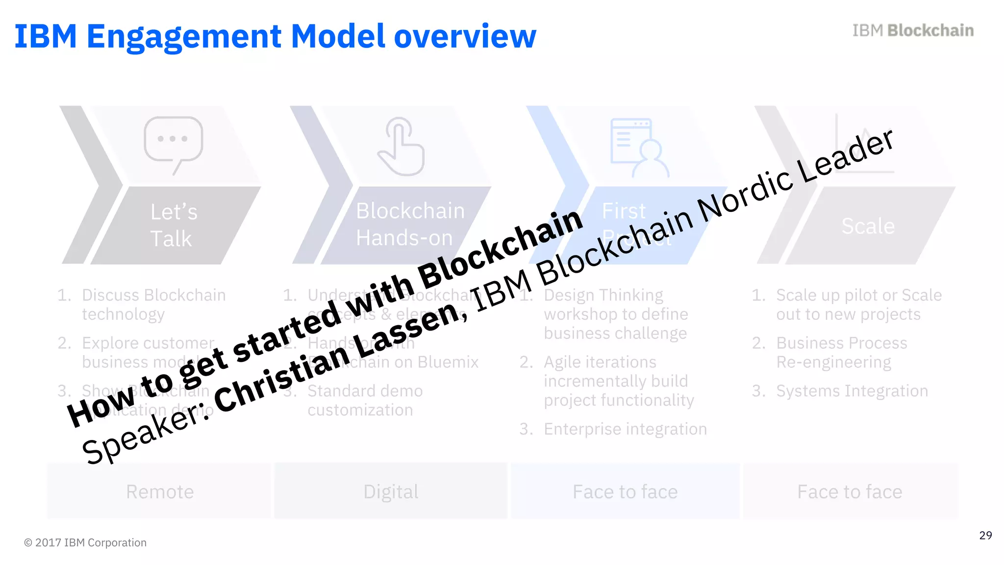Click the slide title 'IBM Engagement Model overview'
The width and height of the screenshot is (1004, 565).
(275, 36)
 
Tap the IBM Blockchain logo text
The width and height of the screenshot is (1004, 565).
(912, 30)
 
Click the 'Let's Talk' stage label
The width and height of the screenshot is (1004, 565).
(173, 225)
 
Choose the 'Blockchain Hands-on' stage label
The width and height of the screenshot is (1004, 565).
(409, 224)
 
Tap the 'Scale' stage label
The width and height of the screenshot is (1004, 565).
(868, 226)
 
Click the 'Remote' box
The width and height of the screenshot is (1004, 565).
(160, 491)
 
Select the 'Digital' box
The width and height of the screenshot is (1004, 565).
(391, 491)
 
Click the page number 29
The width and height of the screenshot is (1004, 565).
(985, 535)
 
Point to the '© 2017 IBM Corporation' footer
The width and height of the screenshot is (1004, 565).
(85, 542)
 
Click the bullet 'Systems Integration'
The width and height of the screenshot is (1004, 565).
(852, 391)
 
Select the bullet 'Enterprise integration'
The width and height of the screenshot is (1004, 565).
(625, 429)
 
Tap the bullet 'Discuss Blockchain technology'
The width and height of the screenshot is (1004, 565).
(153, 304)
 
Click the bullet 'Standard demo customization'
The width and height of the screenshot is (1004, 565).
(365, 400)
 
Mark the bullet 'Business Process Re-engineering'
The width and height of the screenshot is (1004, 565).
(841, 352)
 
